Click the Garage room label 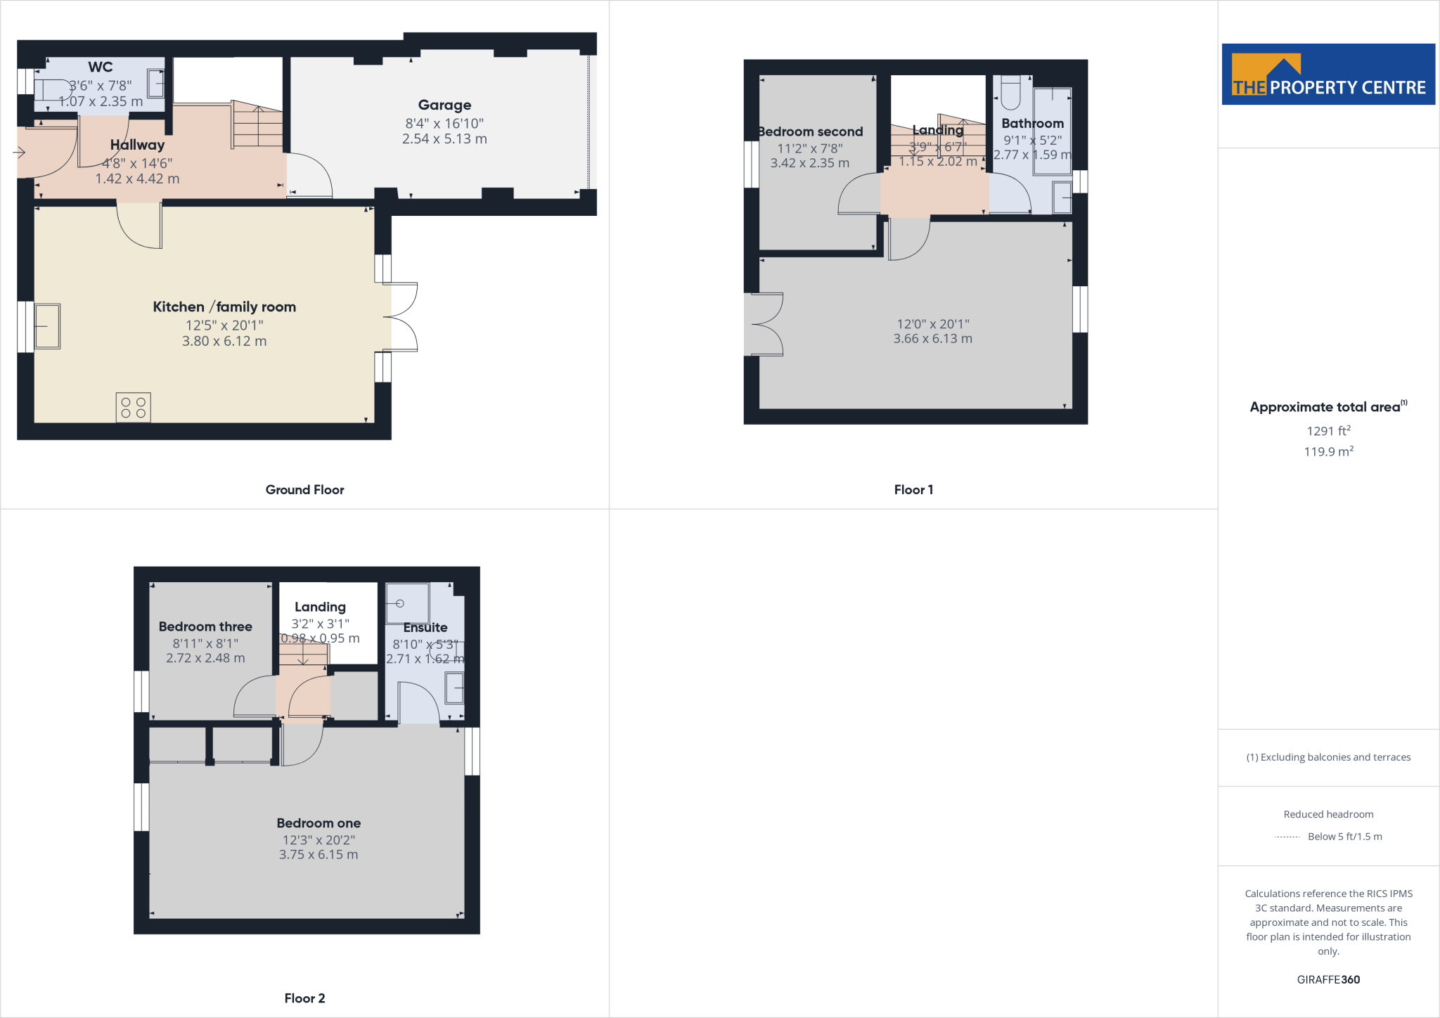click(x=444, y=105)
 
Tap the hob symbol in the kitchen click(x=133, y=407)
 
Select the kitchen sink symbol click(x=47, y=326)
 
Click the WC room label click(x=101, y=67)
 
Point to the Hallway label click(x=137, y=145)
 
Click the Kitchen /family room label click(x=224, y=307)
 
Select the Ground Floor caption click(x=304, y=490)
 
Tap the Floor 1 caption click(x=913, y=490)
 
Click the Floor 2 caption click(x=304, y=998)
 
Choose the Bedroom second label click(x=811, y=132)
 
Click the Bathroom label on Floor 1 click(x=1032, y=124)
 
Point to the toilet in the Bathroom click(x=1010, y=92)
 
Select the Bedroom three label click(x=205, y=626)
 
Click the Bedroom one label click(x=319, y=823)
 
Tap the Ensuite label click(x=425, y=628)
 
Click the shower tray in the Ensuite click(x=407, y=603)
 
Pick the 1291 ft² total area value click(x=1328, y=431)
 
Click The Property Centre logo click(x=1328, y=75)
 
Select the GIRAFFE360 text click(x=1328, y=979)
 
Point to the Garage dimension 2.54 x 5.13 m click(x=444, y=139)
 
